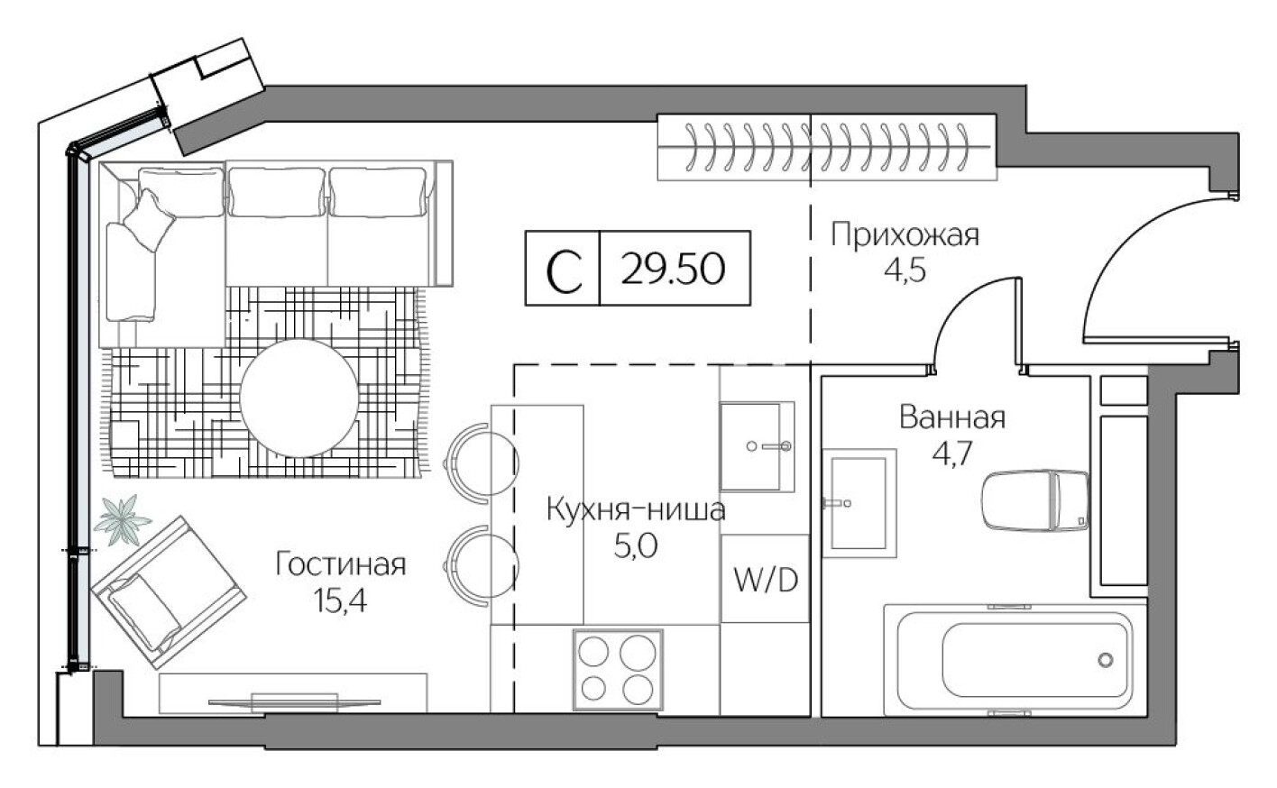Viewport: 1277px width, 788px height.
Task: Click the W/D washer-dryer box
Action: [x=765, y=579]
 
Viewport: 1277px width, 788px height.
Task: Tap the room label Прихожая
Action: [x=904, y=235]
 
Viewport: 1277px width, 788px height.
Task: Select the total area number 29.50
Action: [x=673, y=268]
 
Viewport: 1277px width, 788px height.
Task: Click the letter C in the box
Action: [x=564, y=270]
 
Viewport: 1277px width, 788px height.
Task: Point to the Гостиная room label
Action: [x=340, y=564]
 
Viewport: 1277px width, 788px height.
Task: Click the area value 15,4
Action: [x=340, y=602]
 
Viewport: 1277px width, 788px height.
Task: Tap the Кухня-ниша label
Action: [x=635, y=510]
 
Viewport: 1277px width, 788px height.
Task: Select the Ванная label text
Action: [x=951, y=417]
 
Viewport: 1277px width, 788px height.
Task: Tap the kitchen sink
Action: [x=756, y=446]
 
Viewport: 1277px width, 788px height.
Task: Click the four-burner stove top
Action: [x=618, y=670]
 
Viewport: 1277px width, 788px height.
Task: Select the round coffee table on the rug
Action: [x=299, y=397]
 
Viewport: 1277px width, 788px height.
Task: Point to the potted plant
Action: [x=122, y=519]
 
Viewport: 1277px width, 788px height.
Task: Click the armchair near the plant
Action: [x=168, y=590]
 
